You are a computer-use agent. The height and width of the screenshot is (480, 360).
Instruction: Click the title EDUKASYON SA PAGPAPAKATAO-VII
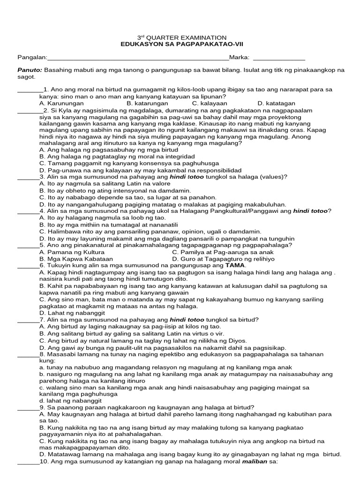pos(181,44)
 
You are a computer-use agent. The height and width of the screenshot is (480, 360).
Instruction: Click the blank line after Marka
pos(279,59)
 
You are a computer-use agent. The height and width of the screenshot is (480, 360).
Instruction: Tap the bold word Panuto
pos(30,70)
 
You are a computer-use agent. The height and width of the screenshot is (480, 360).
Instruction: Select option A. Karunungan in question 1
pos(61,103)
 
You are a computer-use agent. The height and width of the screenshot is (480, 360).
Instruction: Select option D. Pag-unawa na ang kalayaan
pos(140,170)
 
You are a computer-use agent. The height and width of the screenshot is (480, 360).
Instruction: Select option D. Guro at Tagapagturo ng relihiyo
pos(223,258)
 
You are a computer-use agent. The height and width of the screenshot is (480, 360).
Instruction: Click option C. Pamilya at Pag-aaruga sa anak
pos(223,252)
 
